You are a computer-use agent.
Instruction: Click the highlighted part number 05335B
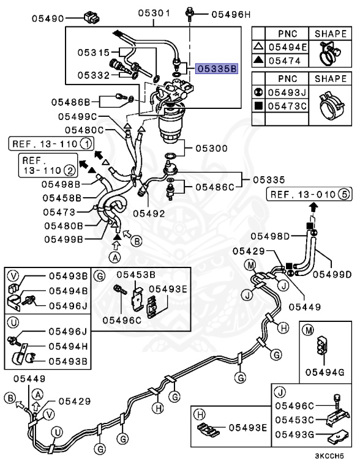tap(216, 69)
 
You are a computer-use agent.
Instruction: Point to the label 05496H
tap(231, 13)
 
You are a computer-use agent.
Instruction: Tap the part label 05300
tap(211, 148)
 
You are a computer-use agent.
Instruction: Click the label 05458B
tap(61, 198)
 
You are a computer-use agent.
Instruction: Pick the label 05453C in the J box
tap(295, 419)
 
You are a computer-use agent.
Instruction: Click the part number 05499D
tap(330, 274)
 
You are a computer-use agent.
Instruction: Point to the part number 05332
tap(93, 75)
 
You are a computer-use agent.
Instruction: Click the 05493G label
tap(295, 434)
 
